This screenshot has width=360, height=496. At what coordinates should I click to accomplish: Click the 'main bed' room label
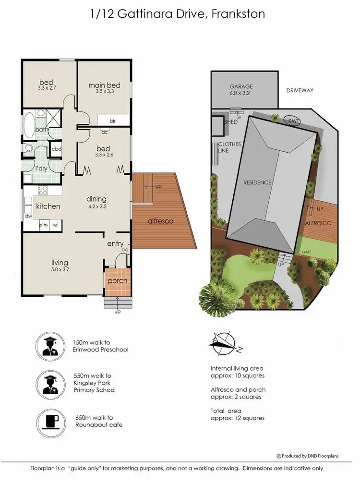click(104, 85)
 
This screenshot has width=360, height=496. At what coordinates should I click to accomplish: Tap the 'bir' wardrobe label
click(113, 121)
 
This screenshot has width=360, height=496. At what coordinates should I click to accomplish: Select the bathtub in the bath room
click(29, 125)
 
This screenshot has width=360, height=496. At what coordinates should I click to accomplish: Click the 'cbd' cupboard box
click(56, 149)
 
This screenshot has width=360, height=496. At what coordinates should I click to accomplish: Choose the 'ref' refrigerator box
click(56, 224)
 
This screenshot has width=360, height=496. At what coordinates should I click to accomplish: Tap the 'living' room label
click(60, 263)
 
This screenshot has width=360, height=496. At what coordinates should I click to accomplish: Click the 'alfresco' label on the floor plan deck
click(160, 221)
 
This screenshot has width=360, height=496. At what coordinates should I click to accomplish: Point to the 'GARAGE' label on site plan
click(240, 87)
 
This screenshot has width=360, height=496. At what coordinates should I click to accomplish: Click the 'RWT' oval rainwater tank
click(292, 121)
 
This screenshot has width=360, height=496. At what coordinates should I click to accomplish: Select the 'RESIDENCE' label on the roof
click(257, 182)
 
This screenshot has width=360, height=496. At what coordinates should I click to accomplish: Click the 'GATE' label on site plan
click(307, 252)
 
